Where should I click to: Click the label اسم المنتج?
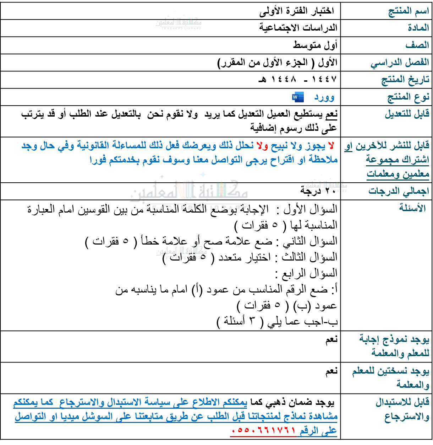(409, 11)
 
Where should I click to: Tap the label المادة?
(418, 28)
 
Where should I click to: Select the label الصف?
(417, 45)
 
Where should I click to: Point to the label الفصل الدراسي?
(400, 63)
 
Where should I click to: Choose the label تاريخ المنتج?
(405, 80)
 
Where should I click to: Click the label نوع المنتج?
(408, 97)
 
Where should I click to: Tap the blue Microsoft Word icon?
(297, 97)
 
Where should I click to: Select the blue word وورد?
(324, 97)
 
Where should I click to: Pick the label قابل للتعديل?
(407, 114)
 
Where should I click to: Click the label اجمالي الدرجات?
(399, 191)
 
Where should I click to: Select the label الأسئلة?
(412, 208)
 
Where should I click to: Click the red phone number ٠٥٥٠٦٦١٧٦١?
(263, 431)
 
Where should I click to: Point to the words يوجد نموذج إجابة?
(394, 339)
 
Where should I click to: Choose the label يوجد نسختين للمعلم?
(390, 371)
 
